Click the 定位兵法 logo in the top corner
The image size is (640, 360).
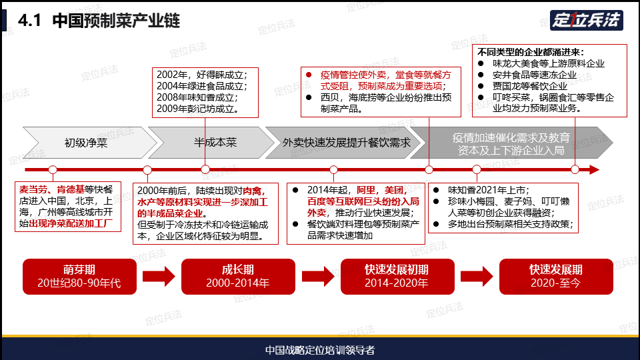586,20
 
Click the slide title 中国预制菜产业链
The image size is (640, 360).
116,21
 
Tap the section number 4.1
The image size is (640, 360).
29,21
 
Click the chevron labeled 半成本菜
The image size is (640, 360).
211,143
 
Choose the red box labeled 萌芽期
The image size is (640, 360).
79,276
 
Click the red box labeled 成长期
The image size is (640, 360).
238,276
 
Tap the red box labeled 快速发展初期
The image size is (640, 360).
397,276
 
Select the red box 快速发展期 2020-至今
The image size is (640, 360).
556,276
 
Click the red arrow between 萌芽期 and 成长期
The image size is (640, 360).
159,276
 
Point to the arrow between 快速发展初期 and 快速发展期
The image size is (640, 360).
477,276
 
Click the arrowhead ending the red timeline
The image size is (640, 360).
594,169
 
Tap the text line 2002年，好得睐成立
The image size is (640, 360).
201,75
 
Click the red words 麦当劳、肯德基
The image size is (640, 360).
51,189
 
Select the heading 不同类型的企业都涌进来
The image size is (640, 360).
531,52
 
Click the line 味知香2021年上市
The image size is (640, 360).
488,190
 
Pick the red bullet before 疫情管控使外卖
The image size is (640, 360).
309,75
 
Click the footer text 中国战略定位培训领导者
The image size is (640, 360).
320,350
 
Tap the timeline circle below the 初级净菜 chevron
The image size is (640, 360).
53,169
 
